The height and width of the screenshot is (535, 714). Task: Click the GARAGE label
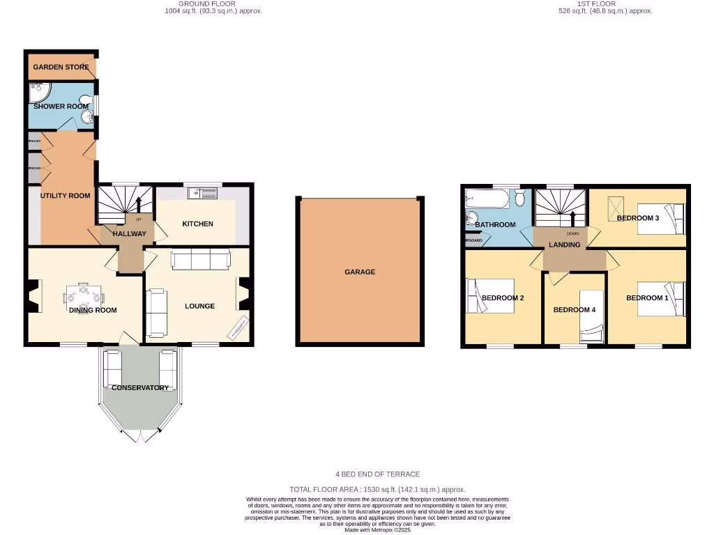360,272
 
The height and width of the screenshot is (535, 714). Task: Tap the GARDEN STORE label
61,68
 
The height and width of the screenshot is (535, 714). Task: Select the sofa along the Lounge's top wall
200,260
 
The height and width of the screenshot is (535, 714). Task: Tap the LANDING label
564,245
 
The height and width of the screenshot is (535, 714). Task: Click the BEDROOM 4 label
574,310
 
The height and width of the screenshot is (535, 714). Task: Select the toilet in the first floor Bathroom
519,199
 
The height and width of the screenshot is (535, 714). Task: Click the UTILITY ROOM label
65,196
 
